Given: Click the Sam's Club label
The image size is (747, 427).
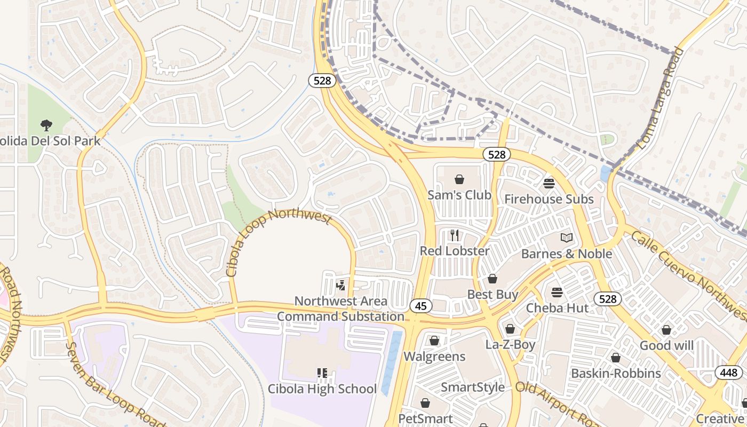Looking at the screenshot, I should (459, 195).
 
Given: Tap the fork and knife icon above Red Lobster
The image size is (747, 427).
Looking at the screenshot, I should (454, 235).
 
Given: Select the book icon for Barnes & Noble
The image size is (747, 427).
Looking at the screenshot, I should (566, 238).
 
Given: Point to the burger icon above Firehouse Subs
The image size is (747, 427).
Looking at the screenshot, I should (549, 184).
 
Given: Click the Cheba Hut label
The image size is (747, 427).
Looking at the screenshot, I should (557, 308).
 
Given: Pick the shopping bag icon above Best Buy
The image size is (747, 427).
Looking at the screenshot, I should (492, 279).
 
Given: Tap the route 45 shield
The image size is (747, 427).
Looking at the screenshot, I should (421, 306).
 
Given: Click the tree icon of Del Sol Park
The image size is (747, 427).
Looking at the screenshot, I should (46, 125).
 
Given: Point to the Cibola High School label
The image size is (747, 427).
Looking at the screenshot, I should (322, 389).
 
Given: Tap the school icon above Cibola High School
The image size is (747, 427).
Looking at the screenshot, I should (322, 373).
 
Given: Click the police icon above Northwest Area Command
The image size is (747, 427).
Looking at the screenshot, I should (340, 286).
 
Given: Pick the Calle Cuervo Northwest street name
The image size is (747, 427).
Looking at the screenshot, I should (688, 272).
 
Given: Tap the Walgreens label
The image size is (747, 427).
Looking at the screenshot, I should (434, 356).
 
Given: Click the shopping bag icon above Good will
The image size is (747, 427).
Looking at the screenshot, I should (666, 330).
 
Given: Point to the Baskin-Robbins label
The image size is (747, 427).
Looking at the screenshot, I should (616, 373).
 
